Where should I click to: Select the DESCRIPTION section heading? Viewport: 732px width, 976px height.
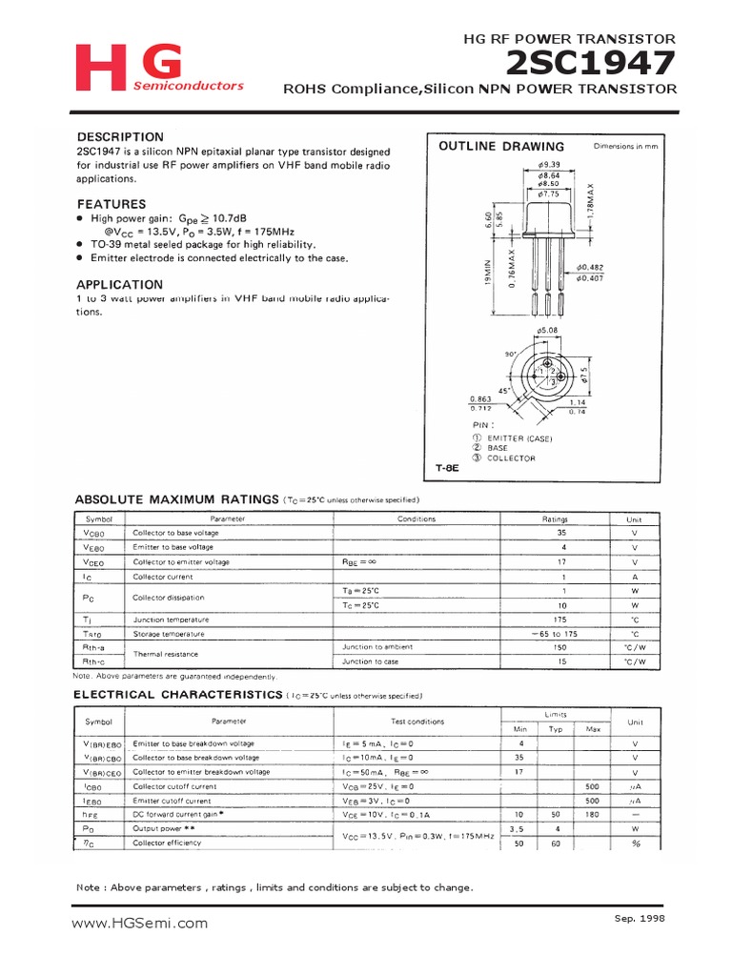click(x=120, y=136)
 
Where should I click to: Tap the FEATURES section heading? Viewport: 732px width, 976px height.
click(x=112, y=204)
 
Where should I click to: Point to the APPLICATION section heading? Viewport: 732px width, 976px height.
click(x=120, y=284)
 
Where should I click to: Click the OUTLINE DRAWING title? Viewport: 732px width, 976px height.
click(x=501, y=147)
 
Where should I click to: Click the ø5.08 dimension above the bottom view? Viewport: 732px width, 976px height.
click(x=548, y=332)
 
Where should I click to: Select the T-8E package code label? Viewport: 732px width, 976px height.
click(x=449, y=469)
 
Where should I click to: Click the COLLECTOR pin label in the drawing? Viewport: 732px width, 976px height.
click(x=511, y=458)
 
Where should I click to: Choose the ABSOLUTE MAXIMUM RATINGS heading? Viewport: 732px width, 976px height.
click(x=177, y=499)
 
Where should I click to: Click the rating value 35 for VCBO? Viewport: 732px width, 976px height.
click(x=561, y=533)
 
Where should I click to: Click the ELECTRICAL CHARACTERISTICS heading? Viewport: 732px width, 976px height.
click(x=178, y=695)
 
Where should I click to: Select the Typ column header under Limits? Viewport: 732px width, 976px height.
click(x=556, y=729)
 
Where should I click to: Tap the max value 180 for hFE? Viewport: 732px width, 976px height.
click(x=593, y=815)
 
